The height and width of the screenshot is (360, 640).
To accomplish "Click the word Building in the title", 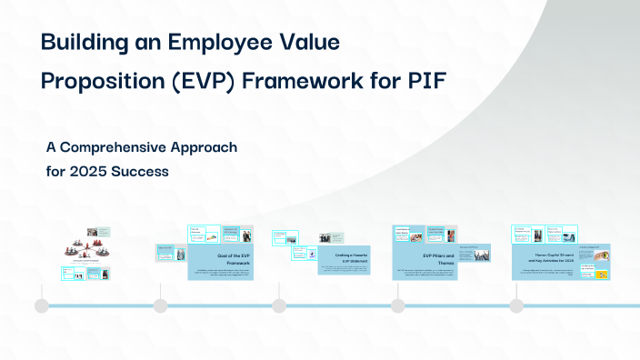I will coord(83,42).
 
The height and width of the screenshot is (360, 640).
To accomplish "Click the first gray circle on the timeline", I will coord(42,305).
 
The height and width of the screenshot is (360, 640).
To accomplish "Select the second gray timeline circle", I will coord(160,305).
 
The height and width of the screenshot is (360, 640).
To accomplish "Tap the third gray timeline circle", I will coord(279,305).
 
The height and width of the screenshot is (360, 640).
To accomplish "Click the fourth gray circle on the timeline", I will coord(397,305).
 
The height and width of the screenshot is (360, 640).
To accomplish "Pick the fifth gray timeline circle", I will coord(515,305).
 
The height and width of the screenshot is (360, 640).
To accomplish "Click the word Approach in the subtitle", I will coord(205,147).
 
